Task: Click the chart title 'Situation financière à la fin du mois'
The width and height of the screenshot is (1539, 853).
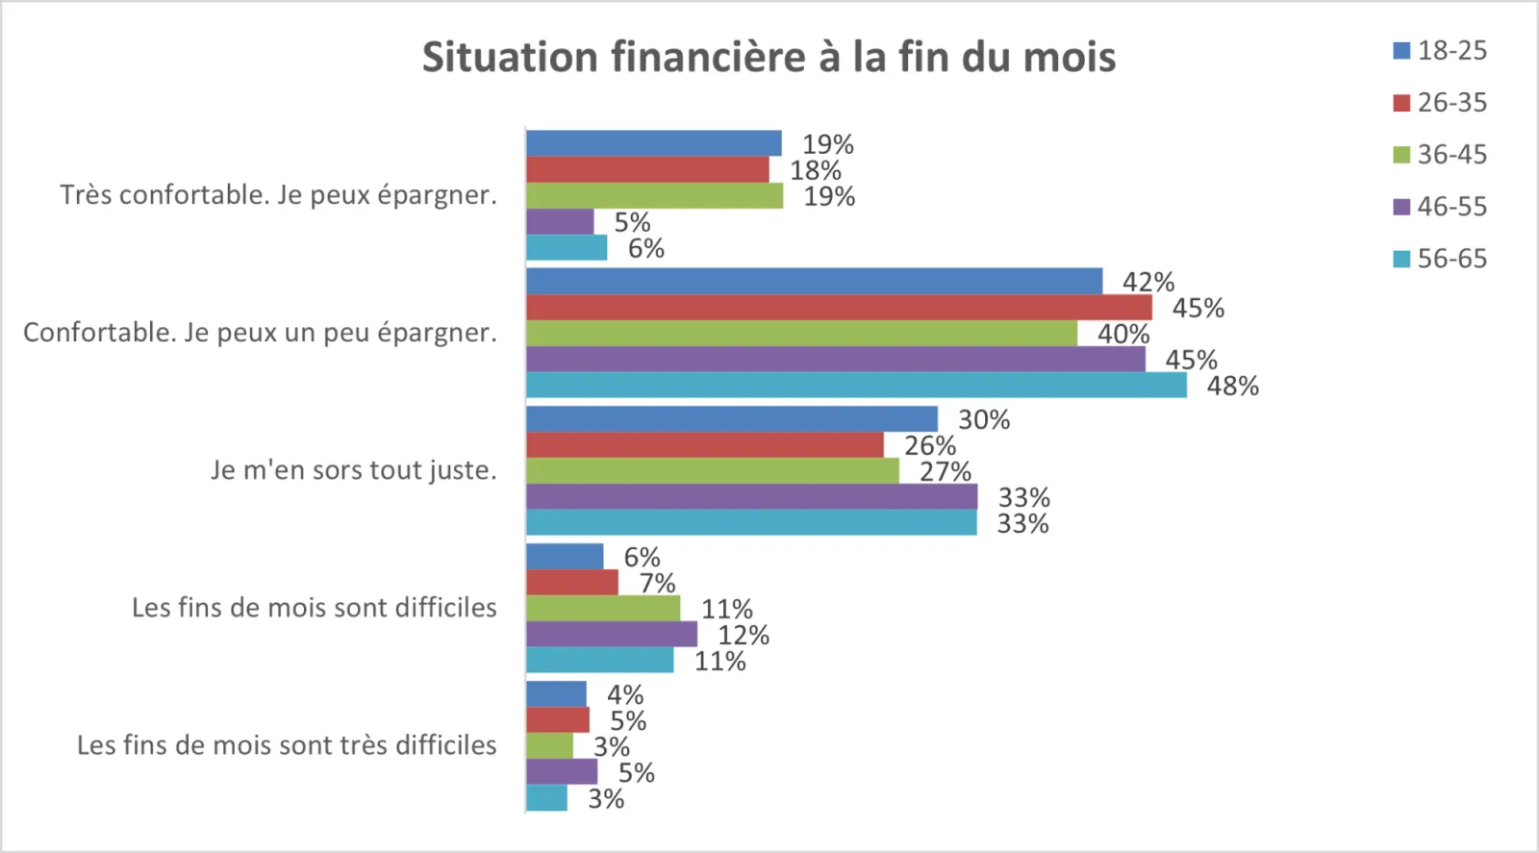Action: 769,57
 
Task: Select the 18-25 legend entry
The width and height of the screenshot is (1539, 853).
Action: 1440,51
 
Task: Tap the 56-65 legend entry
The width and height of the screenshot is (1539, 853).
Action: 1440,259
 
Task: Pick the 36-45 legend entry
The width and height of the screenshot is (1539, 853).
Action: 1440,155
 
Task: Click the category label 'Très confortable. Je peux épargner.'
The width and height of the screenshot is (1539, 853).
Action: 278,195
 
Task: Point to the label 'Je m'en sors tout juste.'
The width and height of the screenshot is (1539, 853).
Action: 354,470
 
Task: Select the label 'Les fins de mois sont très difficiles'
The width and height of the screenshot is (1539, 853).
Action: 287,745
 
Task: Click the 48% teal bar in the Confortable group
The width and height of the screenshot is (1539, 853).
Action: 856,386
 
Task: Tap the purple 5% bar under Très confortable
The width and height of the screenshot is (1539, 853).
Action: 560,222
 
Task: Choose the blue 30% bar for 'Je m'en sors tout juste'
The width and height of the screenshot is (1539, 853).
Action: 731,419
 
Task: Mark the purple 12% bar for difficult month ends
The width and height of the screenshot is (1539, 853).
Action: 612,635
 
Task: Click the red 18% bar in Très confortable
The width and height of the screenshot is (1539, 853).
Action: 647,170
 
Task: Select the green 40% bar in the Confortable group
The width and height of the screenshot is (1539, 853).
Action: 801,334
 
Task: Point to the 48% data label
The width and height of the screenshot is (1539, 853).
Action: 1233,387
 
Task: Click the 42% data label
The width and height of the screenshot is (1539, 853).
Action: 1148,283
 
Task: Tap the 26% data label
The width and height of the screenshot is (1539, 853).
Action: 930,446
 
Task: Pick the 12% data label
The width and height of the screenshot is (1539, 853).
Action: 744,636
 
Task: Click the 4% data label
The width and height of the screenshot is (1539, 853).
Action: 625,695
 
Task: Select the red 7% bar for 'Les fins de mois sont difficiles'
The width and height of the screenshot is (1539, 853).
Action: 572,583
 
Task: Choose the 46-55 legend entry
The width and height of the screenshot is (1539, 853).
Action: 1440,207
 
